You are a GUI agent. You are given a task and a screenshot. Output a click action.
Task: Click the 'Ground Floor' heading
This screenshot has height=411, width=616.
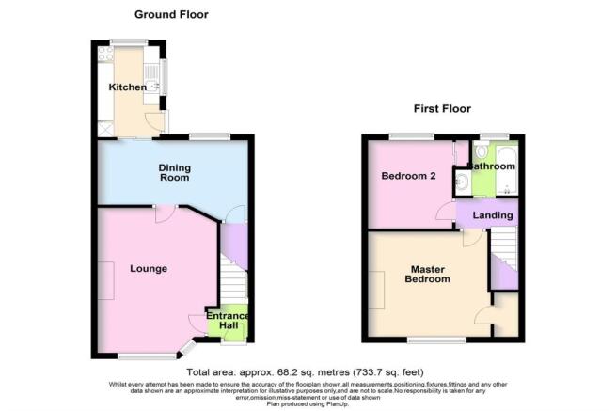171,14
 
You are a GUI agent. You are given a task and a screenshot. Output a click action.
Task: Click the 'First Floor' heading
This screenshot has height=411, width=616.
442,109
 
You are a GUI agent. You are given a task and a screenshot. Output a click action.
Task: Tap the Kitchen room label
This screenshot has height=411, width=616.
127,87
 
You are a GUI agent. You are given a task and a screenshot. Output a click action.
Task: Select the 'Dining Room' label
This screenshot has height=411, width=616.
173,173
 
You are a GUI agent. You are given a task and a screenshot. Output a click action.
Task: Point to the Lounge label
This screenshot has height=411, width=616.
149,269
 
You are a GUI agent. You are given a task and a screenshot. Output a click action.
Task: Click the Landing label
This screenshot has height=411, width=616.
493,215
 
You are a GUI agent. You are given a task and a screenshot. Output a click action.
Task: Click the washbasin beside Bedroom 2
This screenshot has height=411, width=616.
461,181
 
